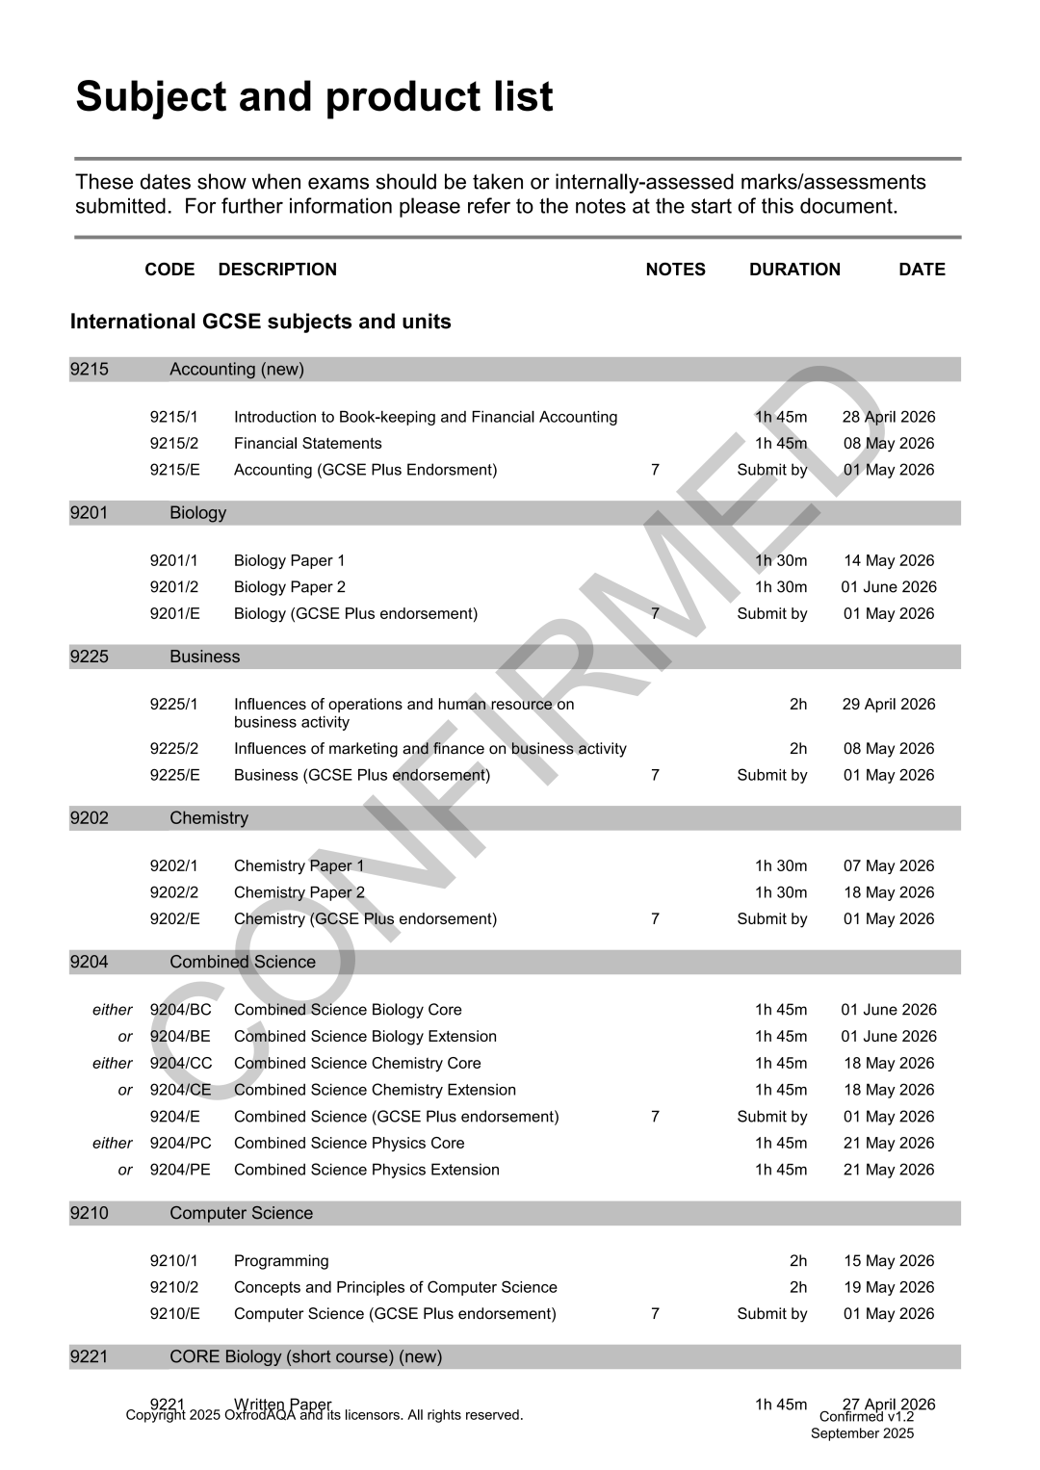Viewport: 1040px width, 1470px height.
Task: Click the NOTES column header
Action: (x=675, y=270)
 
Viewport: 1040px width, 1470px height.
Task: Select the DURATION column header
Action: (x=794, y=270)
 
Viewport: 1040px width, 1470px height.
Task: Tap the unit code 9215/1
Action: (x=173, y=417)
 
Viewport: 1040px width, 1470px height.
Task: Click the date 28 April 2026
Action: (x=888, y=417)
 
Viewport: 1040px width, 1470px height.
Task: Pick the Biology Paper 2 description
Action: (x=289, y=587)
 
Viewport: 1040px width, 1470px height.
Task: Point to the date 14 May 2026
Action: (x=888, y=560)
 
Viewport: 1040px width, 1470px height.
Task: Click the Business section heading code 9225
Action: (x=90, y=657)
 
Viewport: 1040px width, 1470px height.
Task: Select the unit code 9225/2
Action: (x=173, y=749)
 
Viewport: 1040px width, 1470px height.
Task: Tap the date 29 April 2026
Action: (x=888, y=704)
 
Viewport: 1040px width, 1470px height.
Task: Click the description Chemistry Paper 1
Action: (x=299, y=866)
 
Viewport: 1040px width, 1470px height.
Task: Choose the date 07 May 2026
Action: (x=888, y=866)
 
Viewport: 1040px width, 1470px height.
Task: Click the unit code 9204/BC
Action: (x=180, y=1010)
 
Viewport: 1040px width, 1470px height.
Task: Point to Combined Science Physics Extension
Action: (x=366, y=1170)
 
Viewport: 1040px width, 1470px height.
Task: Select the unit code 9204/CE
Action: (x=180, y=1090)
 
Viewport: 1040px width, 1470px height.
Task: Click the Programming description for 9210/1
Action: (x=281, y=1261)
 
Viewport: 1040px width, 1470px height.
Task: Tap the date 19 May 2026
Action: (x=888, y=1287)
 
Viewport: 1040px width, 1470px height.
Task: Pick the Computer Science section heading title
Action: (x=241, y=1213)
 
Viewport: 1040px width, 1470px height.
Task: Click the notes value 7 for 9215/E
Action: (x=655, y=470)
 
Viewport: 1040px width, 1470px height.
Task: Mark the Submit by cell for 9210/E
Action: (x=771, y=1314)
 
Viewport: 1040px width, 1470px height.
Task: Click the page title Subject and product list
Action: (x=314, y=97)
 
